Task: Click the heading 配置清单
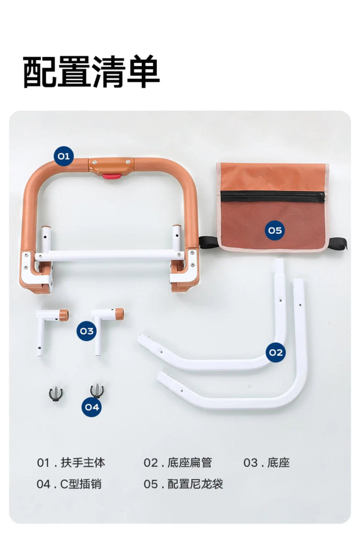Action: [x=91, y=71]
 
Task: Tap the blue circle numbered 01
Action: [x=63, y=155]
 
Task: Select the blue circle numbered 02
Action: [x=276, y=352]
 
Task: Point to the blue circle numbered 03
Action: [x=87, y=331]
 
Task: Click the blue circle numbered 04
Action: [x=92, y=407]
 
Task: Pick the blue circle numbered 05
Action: [x=275, y=230]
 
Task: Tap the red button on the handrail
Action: [x=112, y=176]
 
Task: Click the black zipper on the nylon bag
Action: [x=273, y=197]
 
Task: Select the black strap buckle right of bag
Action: [x=337, y=244]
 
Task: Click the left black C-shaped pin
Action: [x=56, y=394]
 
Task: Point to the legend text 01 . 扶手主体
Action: [x=71, y=462]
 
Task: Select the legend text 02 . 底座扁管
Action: [x=178, y=462]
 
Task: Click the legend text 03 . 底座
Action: [x=267, y=462]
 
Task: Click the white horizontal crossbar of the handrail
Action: [x=110, y=255]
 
